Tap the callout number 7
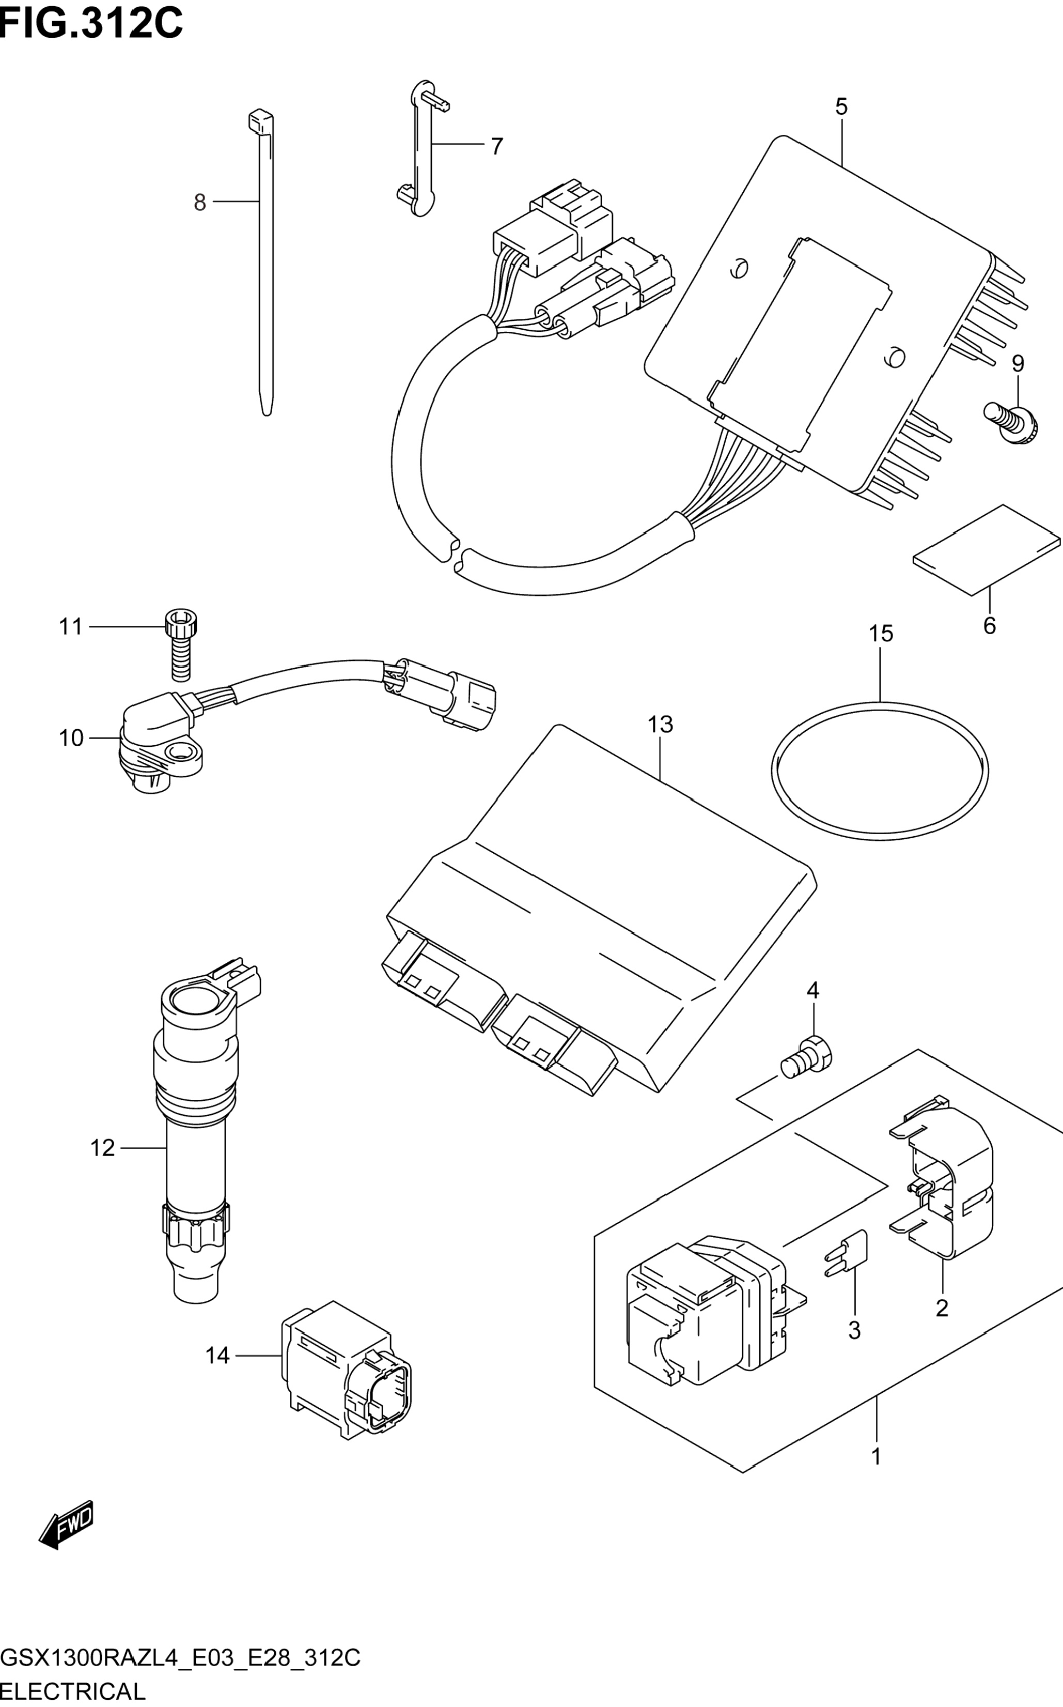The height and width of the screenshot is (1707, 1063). pyautogui.click(x=497, y=146)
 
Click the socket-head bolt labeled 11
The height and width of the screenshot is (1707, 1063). pyautogui.click(x=181, y=645)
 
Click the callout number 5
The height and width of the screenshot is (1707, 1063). pyautogui.click(x=841, y=107)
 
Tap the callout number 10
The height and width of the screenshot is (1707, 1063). pyautogui.click(x=71, y=738)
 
